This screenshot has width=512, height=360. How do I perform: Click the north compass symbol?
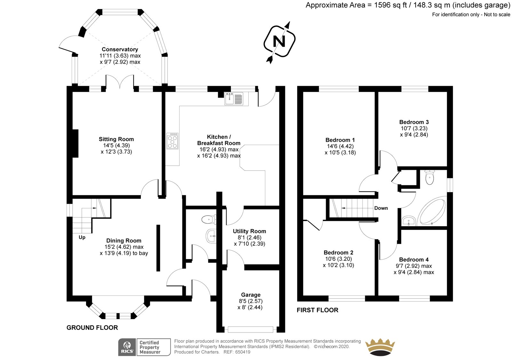point(279,42)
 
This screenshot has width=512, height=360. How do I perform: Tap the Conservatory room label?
point(120,49)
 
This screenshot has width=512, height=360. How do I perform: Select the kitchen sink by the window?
point(234,99)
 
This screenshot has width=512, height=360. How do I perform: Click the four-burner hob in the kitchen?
point(172,141)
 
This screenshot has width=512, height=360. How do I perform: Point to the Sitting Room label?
point(116,139)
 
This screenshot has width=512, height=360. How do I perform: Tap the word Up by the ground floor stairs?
point(82,237)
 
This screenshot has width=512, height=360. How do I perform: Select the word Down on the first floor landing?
point(381,208)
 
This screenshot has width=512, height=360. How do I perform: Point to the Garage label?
point(251,295)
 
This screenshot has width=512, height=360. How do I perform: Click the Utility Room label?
point(249,231)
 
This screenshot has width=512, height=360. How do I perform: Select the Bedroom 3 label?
point(414,122)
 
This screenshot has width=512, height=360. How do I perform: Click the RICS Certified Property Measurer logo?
point(144,347)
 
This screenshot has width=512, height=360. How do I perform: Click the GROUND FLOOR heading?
point(92,328)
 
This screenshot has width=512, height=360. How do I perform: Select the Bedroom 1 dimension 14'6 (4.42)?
point(340,146)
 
